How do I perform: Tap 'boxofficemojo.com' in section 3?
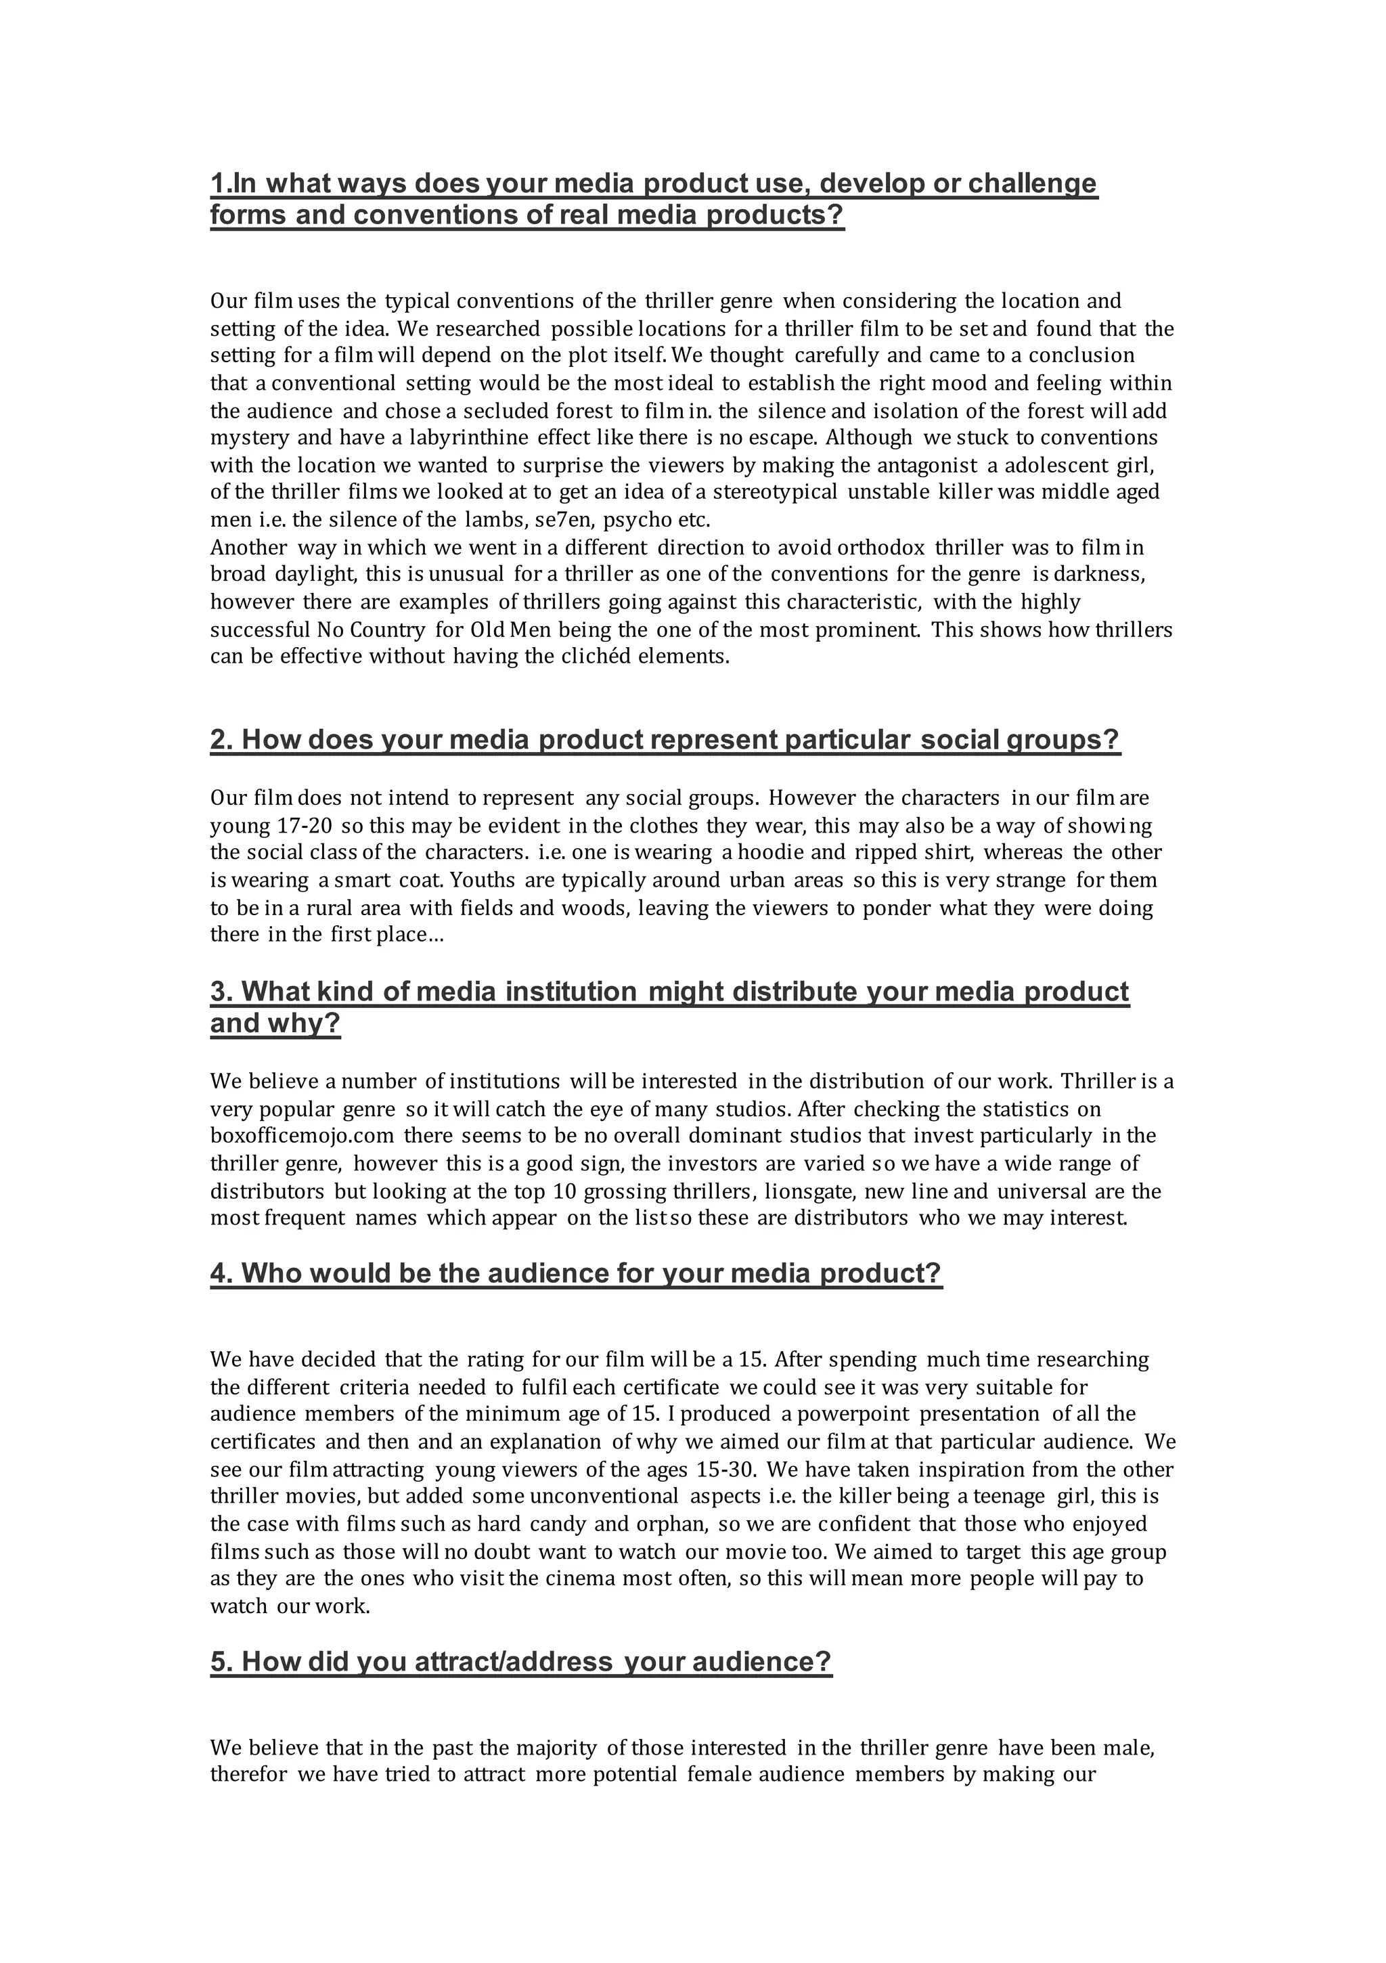tap(302, 1137)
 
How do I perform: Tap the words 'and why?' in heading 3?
tap(275, 1023)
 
